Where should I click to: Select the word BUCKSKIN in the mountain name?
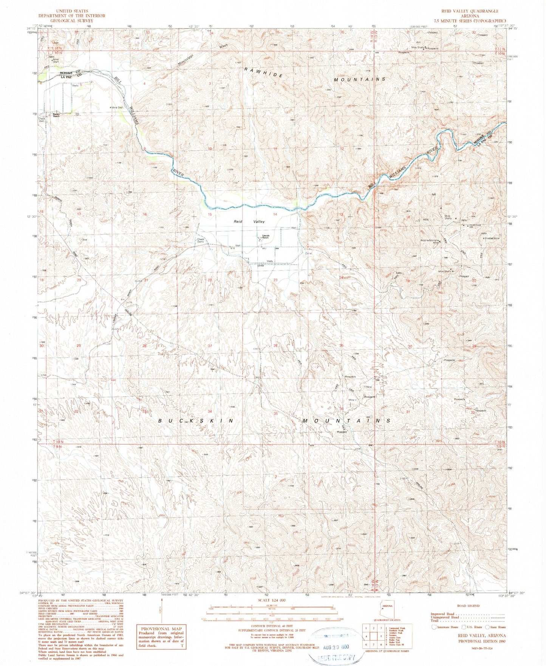click(196, 420)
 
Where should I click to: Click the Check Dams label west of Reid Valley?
click(200, 240)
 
